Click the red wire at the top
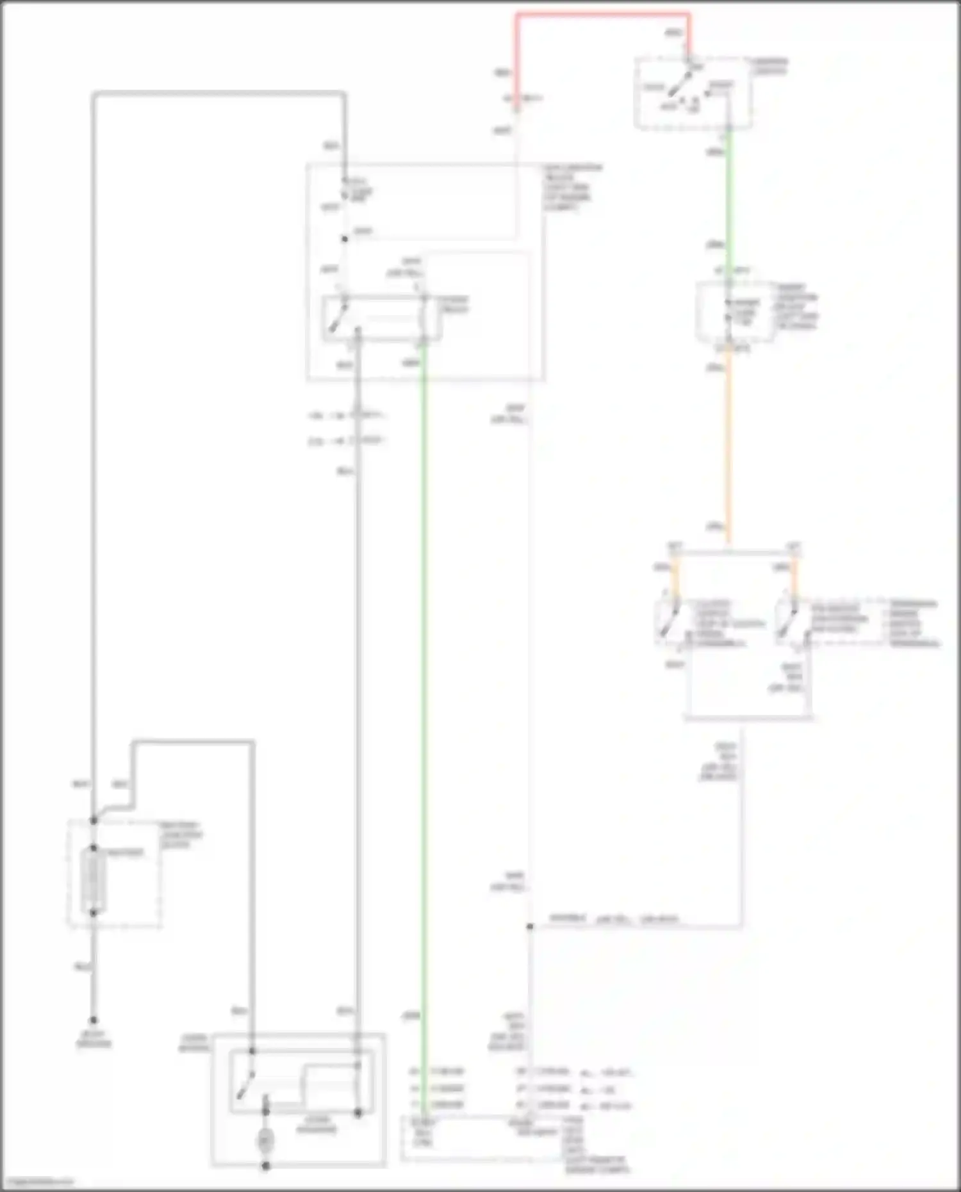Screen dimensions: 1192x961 602,14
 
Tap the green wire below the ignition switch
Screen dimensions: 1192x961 728,199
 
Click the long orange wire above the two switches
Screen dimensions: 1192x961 728,448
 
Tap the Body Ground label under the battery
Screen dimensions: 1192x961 94,1039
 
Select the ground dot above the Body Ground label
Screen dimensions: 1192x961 94,1020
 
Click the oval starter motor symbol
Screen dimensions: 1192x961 265,1141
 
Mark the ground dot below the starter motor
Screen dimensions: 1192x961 265,1166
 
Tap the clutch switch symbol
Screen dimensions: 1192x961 667,620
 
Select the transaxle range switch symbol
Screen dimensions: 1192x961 787,620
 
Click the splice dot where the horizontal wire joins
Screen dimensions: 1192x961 530,927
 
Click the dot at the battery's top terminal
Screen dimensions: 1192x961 94,848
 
